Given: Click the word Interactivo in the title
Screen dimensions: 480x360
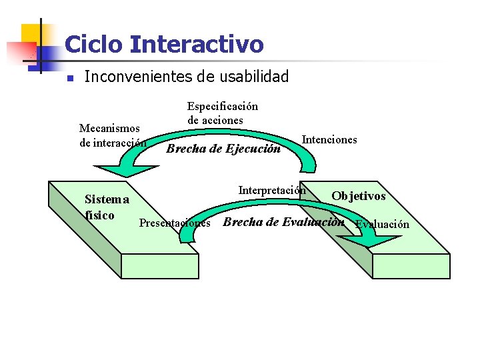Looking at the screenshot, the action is click(197, 45).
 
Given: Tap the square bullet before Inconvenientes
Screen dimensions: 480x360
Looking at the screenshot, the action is click(69, 79).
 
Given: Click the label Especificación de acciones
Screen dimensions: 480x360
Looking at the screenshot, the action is click(222, 113).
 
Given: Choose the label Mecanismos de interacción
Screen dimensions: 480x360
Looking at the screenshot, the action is click(111, 135).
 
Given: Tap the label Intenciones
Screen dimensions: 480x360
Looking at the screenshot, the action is click(329, 139).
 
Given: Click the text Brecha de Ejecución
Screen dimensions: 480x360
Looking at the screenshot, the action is click(223, 149).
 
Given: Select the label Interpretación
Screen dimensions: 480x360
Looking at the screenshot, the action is click(271, 190).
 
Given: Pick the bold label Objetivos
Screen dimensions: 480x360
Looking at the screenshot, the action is click(359, 196).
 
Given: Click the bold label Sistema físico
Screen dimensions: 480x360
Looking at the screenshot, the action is click(106, 207).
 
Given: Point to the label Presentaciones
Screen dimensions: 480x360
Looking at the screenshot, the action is click(175, 223).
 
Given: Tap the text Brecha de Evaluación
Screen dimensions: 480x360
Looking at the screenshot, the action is click(283, 222).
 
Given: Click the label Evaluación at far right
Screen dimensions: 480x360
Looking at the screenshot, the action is click(383, 224).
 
